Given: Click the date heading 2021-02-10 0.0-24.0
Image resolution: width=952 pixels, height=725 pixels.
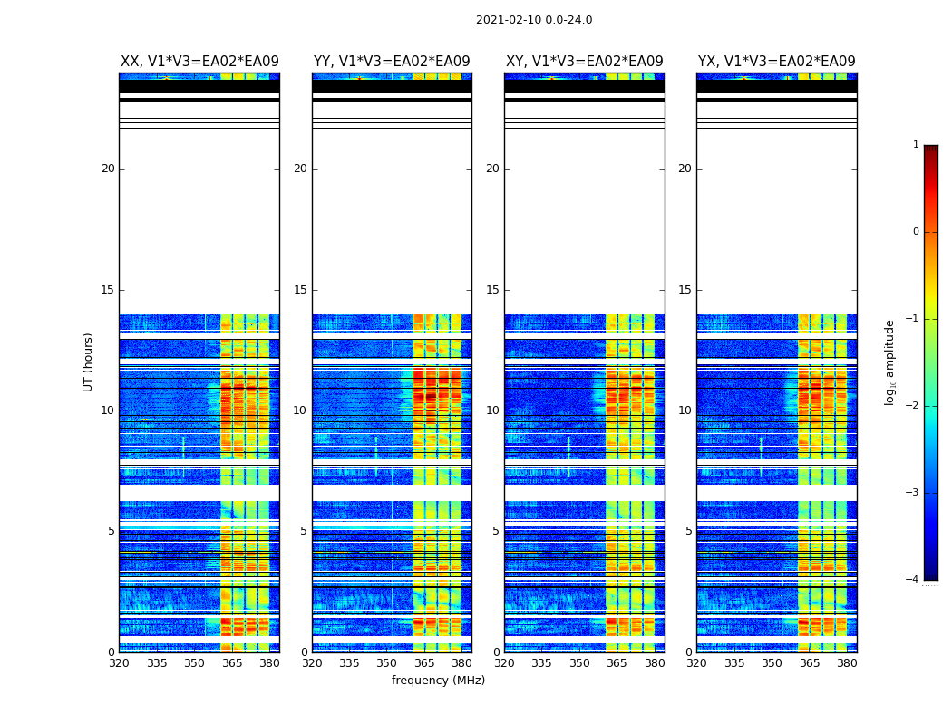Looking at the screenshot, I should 534,20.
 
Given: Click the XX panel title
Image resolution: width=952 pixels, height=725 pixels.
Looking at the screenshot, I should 199,62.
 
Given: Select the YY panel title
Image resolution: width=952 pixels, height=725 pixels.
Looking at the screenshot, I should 392,62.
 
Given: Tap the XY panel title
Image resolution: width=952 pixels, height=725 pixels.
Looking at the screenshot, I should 585,62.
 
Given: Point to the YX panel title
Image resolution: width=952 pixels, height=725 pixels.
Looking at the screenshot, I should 777,62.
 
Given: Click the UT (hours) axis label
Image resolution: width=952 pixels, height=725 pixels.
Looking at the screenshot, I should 89,362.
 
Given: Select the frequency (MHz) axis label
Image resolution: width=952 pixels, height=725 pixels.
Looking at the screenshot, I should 438,681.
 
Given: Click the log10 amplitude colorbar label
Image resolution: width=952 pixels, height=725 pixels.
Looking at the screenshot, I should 890,362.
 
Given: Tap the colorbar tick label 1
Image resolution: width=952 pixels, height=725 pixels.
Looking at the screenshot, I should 916,145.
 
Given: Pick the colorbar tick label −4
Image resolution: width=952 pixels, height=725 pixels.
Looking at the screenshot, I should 913,580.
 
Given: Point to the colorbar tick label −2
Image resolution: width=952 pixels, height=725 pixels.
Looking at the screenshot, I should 913,406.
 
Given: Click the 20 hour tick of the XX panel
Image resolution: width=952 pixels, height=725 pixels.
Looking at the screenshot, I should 108,169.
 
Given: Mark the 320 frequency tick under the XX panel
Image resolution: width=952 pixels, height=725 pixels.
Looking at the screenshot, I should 119,663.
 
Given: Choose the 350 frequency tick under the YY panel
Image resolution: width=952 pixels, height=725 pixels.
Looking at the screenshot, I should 387,663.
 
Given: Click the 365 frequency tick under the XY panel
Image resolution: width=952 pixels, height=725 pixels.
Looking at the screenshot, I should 617,663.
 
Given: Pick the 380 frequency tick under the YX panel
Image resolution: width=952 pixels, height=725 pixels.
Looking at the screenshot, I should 847,663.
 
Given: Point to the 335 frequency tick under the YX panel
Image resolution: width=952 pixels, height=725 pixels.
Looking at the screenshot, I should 734,663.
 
